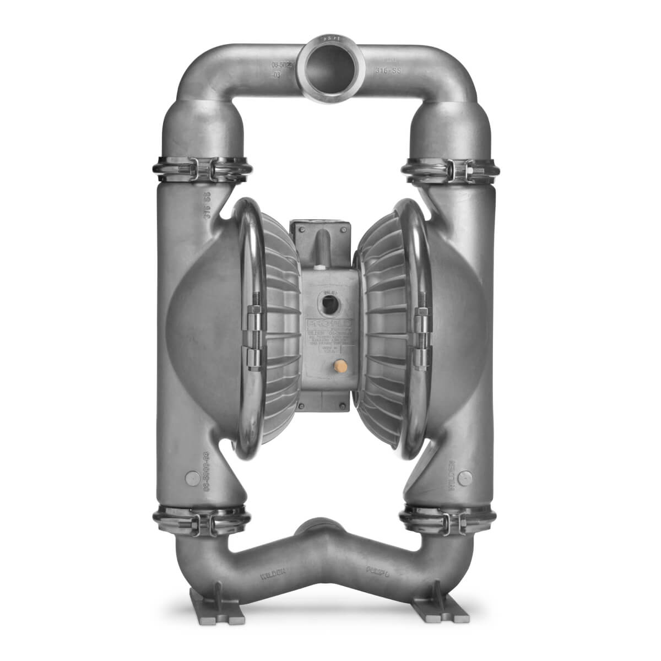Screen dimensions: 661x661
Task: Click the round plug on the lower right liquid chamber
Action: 467,478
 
